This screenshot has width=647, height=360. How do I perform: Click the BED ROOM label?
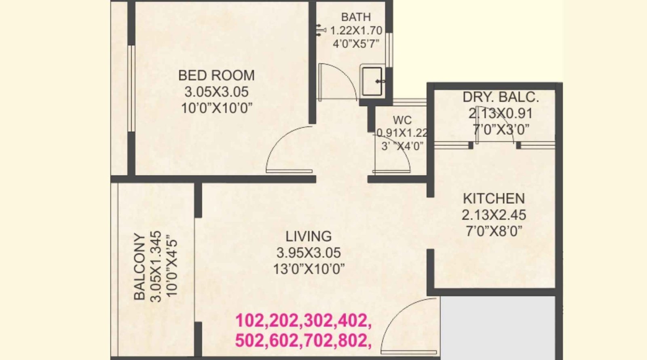point(216,75)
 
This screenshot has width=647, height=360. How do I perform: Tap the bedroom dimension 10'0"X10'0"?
point(217,109)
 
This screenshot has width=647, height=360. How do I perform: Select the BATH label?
point(356,17)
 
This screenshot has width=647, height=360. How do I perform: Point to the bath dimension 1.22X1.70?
point(356,30)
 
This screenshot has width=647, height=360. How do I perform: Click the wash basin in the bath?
point(372,81)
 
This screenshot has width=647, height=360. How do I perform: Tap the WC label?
point(402,120)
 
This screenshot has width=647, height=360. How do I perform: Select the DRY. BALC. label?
point(501,97)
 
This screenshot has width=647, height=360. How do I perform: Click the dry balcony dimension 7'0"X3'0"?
point(501,130)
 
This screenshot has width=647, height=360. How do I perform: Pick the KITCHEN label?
point(494,199)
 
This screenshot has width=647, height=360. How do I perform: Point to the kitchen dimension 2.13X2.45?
point(494,215)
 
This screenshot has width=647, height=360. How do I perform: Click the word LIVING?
point(309,236)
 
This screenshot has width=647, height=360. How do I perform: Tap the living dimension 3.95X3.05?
point(309,253)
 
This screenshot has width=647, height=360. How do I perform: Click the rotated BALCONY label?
point(140,266)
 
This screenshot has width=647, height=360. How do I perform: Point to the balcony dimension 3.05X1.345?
point(156,266)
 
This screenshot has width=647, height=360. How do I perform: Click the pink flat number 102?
point(250,321)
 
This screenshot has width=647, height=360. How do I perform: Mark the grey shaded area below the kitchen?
point(498,328)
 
